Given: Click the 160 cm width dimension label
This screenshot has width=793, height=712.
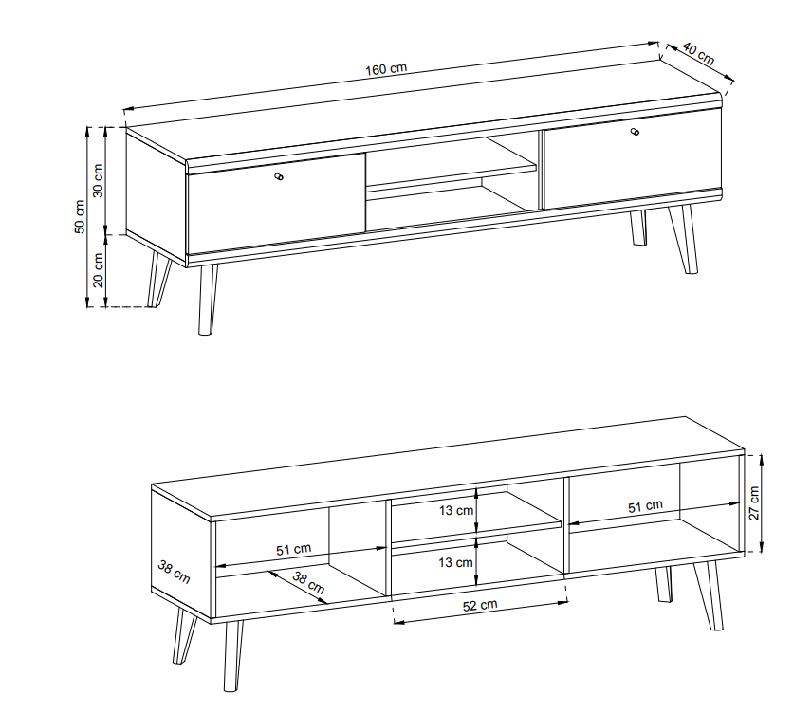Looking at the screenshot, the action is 386,68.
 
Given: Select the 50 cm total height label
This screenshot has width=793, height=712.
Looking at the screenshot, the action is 80,217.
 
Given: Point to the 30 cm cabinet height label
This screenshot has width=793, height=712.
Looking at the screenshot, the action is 98,180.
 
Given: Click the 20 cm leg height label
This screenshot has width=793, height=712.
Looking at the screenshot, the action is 98,269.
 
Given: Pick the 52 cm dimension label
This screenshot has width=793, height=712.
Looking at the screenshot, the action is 480,605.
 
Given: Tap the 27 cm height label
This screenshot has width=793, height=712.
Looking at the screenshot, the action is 754,502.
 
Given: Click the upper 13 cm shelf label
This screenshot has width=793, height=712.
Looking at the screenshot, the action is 456,510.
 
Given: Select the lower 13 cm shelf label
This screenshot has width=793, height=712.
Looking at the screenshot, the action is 456,562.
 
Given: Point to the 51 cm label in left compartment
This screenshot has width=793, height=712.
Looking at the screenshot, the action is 294,549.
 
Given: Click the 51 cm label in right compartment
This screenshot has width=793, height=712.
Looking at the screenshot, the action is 645,506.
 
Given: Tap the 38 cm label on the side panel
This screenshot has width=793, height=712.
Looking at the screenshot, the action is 174,572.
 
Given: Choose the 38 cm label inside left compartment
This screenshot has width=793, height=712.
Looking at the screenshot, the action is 308,583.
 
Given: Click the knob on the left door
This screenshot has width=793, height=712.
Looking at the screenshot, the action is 278,176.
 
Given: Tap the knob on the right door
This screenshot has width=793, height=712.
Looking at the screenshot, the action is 635,132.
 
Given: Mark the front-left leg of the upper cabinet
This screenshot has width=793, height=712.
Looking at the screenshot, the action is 208,300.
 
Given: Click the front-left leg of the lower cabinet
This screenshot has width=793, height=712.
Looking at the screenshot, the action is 232,656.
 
